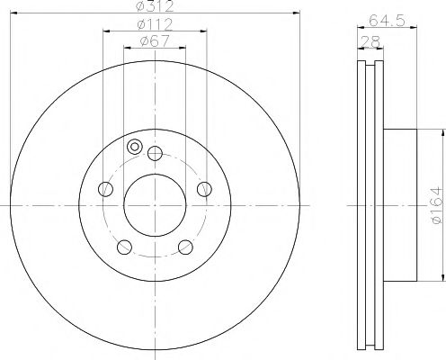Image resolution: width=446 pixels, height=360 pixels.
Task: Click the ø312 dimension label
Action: (x=154, y=7)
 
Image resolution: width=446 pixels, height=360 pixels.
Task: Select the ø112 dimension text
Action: (x=154, y=23)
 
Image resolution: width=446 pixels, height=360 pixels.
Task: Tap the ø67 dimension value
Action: (x=155, y=40)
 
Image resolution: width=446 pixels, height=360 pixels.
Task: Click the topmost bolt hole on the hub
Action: (x=155, y=152)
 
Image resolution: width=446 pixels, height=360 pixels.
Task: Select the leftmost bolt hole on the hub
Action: (x=105, y=188)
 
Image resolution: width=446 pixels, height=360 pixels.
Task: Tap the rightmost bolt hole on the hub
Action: (x=204, y=188)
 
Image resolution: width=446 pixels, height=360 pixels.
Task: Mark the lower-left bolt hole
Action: (x=124, y=247)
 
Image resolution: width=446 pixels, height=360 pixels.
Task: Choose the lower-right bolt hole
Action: (x=185, y=247)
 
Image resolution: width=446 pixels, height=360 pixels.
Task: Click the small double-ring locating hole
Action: (x=135, y=147)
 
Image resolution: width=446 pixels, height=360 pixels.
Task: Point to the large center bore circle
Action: (x=155, y=206)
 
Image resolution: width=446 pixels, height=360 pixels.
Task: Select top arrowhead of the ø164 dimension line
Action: (x=443, y=134)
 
